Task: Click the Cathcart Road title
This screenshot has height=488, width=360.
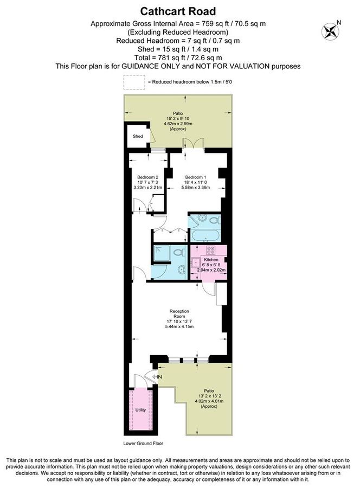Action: click(x=179, y=11)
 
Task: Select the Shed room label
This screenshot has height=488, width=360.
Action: click(x=138, y=136)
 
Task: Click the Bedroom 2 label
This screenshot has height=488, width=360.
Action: click(x=147, y=177)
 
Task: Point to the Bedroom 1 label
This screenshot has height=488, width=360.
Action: click(x=195, y=177)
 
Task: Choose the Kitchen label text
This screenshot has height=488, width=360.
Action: click(x=211, y=259)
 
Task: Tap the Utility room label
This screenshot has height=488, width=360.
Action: click(x=140, y=410)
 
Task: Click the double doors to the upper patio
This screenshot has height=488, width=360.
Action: click(x=194, y=143)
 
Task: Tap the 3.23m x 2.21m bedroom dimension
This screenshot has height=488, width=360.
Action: click(x=147, y=188)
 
